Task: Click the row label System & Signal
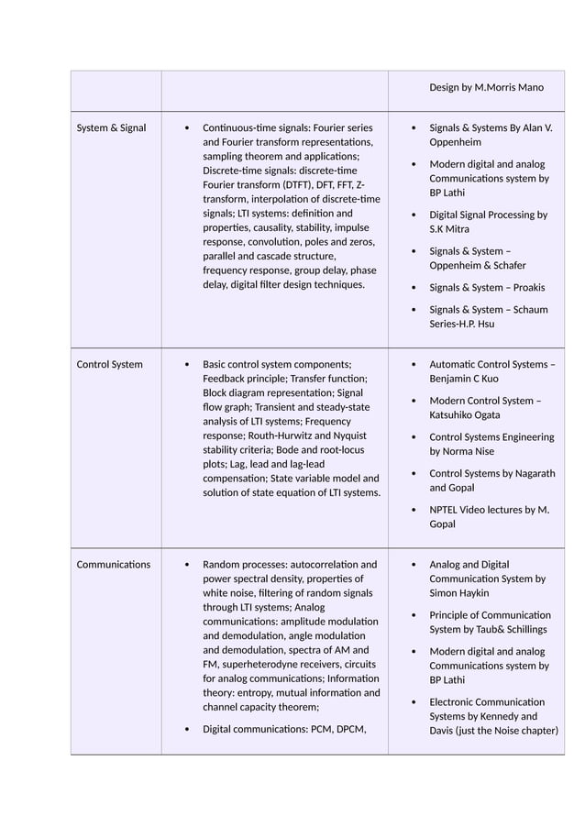point(110,128)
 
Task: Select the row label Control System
point(109,364)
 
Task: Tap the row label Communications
point(113,564)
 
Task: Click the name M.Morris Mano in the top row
point(509,87)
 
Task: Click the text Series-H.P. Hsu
point(462,324)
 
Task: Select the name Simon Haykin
point(461,593)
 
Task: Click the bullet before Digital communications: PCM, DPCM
point(187,730)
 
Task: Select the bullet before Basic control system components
point(187,365)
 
